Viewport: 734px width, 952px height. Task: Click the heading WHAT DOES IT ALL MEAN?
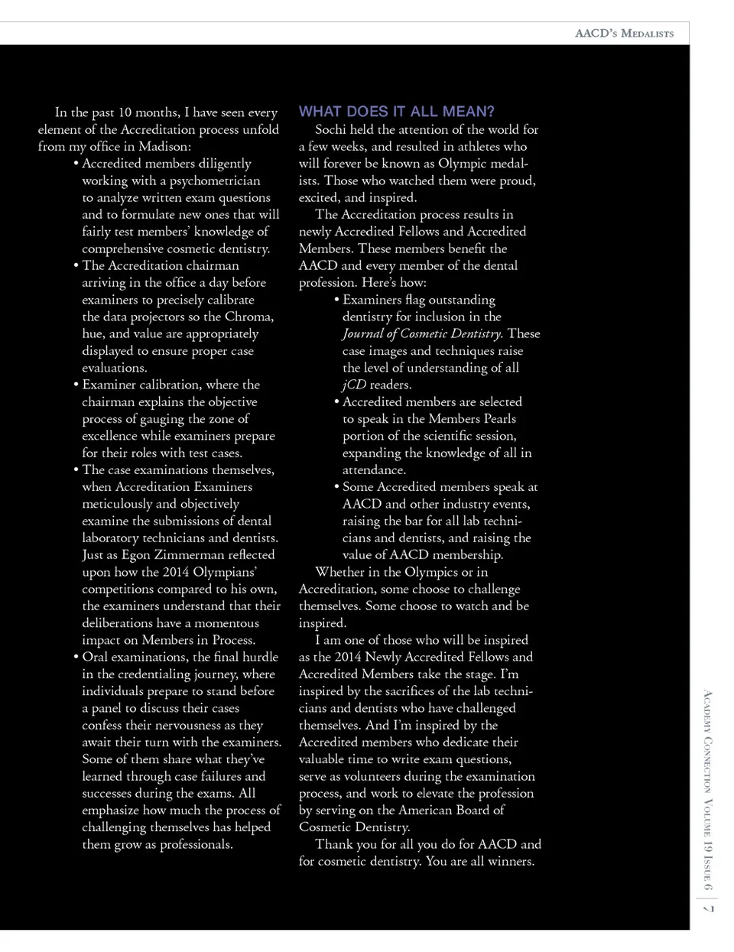point(396,112)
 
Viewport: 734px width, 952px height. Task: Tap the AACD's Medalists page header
point(624,34)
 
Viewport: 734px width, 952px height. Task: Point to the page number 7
point(708,908)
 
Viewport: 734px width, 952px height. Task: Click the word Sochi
point(331,129)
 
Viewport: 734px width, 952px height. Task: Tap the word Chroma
point(249,317)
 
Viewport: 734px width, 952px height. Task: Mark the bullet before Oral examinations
point(76,657)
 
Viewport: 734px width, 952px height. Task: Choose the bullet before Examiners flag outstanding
point(336,300)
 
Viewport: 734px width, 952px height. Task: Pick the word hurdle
point(260,657)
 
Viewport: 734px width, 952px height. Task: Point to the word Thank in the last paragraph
point(333,844)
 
